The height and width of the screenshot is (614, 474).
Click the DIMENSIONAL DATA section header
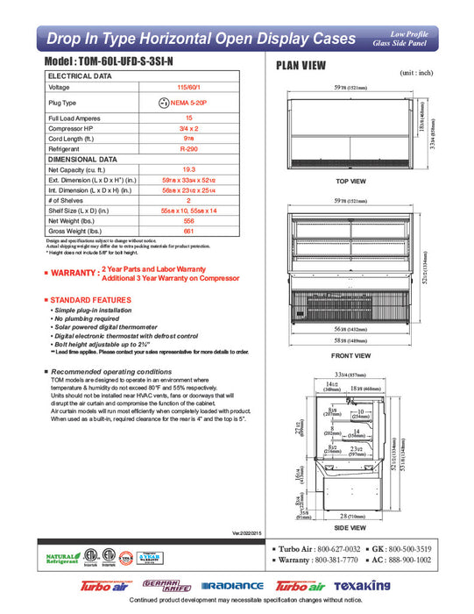[82, 160]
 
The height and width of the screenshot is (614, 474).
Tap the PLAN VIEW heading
[303, 65]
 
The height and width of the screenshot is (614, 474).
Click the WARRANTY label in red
[72, 274]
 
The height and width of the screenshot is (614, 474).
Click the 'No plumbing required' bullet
[89, 319]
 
